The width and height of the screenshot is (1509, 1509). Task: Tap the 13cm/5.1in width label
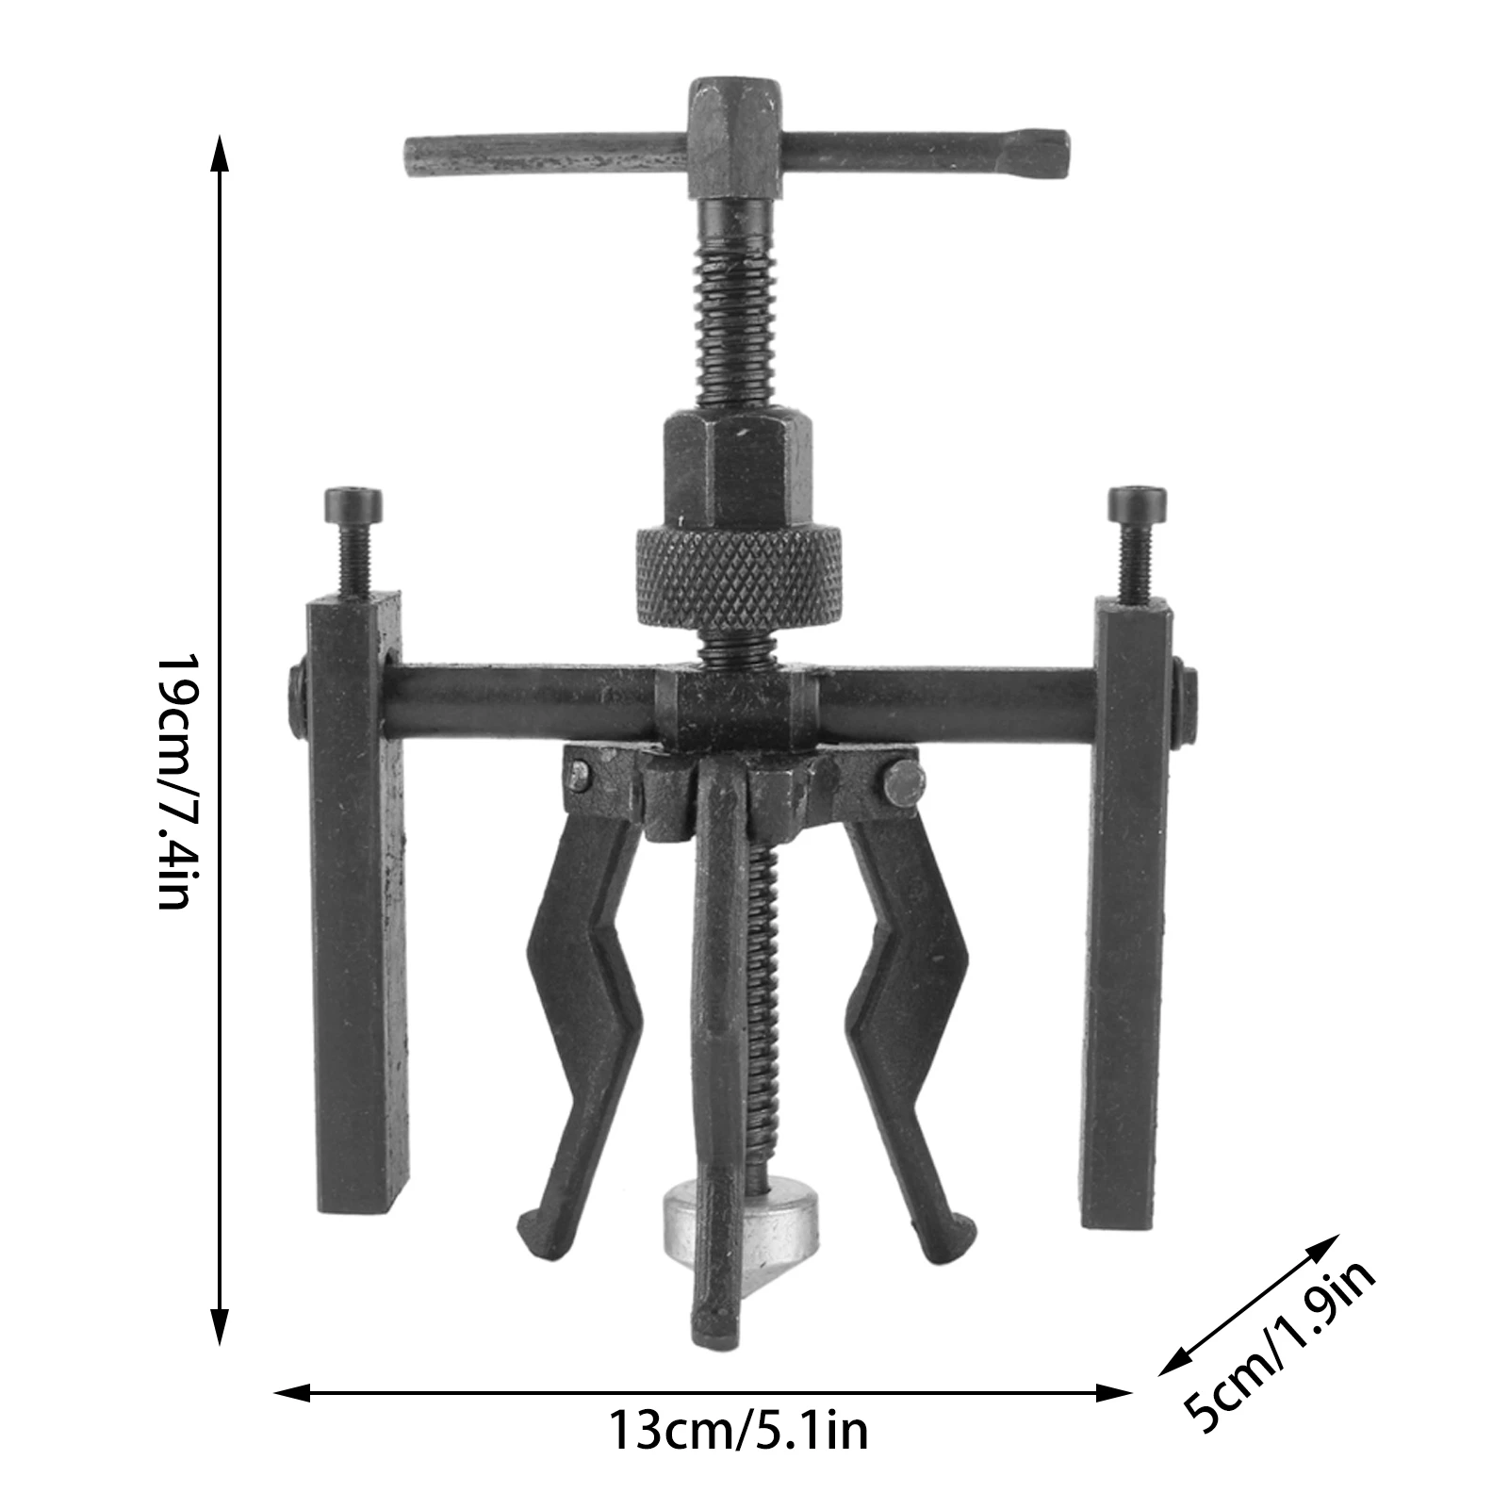[738, 1431]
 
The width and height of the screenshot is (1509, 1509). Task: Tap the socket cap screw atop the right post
[1137, 507]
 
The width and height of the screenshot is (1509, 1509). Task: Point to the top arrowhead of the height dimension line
[220, 151]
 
